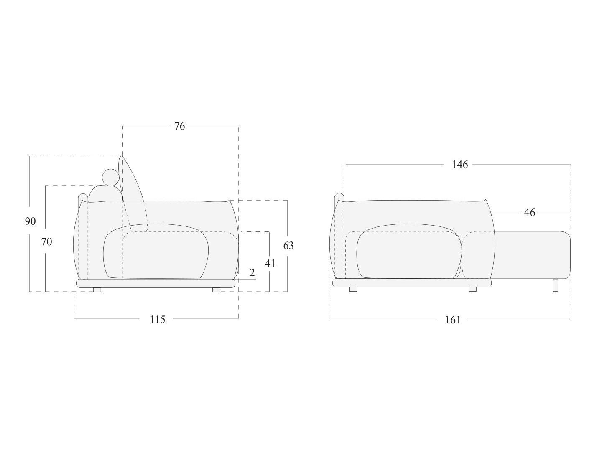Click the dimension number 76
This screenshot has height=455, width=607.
pyautogui.click(x=179, y=126)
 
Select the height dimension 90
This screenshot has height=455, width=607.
pyautogui.click(x=31, y=221)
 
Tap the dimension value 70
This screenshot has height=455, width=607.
pyautogui.click(x=46, y=242)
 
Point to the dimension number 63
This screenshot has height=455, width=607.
pyautogui.click(x=288, y=245)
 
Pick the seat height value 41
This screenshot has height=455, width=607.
pyautogui.click(x=270, y=264)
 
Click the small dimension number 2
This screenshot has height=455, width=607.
pyautogui.click(x=252, y=273)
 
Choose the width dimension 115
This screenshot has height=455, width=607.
pyautogui.click(x=157, y=319)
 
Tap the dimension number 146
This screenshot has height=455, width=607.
pyautogui.click(x=459, y=165)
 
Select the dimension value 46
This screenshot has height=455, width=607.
pyautogui.click(x=530, y=212)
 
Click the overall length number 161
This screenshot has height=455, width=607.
pyautogui.click(x=453, y=320)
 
